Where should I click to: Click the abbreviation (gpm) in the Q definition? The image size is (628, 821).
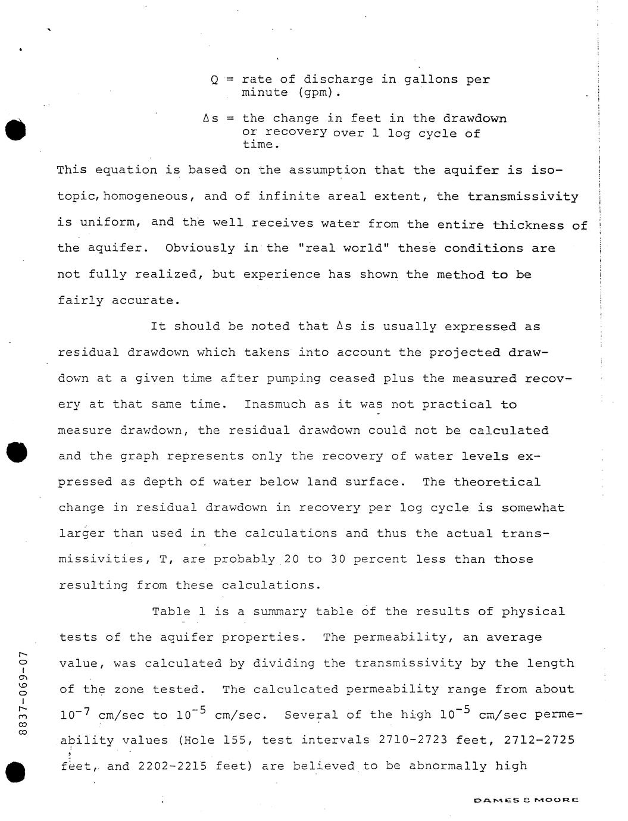(315, 93)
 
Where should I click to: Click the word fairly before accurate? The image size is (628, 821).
(81, 300)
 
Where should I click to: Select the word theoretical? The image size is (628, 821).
(497, 482)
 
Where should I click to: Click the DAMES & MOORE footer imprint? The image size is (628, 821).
(526, 800)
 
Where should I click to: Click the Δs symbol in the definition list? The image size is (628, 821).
(210, 118)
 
